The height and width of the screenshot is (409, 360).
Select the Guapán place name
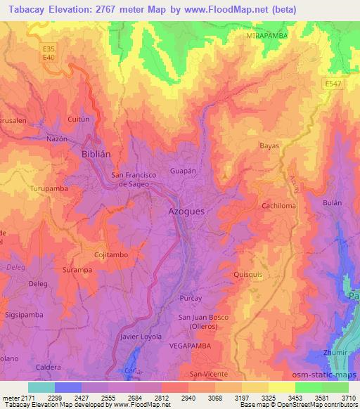tap(182, 171)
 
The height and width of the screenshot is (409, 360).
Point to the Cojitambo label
tap(111, 254)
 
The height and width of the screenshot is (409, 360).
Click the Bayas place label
tap(269, 145)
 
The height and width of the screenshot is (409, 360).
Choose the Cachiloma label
tap(278, 205)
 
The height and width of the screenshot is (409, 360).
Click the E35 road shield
tap(49, 49)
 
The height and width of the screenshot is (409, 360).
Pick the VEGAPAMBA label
tap(190, 346)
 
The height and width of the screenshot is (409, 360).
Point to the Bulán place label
tap(332, 202)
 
